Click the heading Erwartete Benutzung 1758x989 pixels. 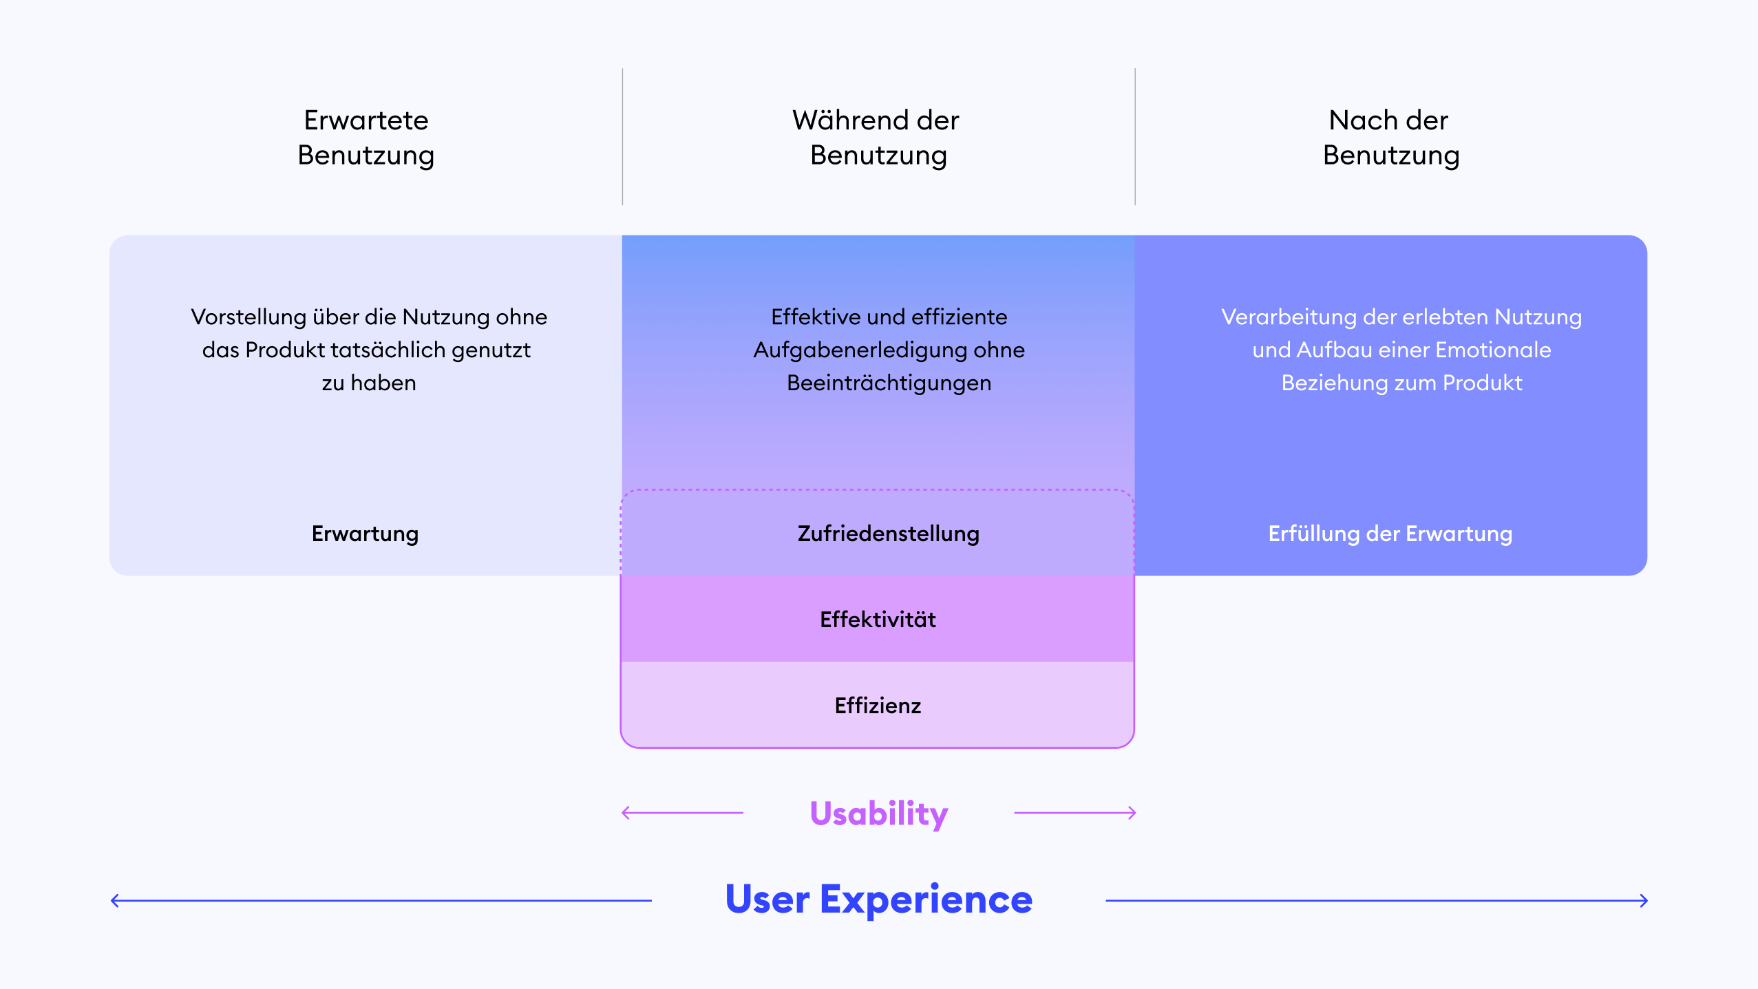point(366,138)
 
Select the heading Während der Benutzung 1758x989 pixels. point(877,138)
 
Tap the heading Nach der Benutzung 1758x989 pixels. point(1390,138)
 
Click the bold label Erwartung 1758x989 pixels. point(365,533)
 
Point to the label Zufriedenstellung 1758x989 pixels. point(888,533)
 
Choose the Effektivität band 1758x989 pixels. point(878,619)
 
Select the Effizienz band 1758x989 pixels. point(878,705)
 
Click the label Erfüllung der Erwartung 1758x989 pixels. point(1390,533)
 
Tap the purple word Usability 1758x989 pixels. point(878,813)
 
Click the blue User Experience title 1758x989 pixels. point(878,900)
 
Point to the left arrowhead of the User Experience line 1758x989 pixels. point(114,900)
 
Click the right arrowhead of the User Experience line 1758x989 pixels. point(1644,900)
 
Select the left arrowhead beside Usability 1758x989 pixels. point(625,813)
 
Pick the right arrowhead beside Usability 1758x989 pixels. point(1132,813)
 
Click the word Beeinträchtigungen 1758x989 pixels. point(889,383)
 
